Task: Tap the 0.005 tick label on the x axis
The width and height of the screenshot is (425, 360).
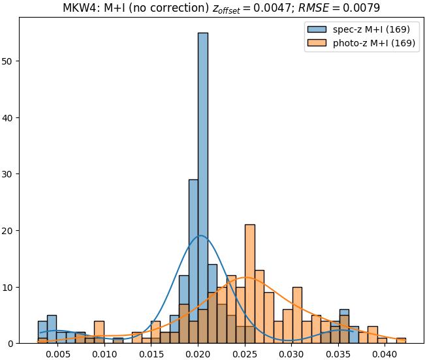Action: tap(57, 354)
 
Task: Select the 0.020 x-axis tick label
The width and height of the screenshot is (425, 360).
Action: tap(198, 354)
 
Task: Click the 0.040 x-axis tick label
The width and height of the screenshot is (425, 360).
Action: tap(385, 354)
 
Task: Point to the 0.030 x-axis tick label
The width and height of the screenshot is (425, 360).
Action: tap(291, 354)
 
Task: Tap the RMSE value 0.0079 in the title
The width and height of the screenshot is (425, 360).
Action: tap(363, 8)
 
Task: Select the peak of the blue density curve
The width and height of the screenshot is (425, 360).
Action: tap(200, 235)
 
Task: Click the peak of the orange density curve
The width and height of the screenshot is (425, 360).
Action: tap(246, 278)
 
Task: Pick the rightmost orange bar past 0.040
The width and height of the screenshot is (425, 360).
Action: tap(401, 340)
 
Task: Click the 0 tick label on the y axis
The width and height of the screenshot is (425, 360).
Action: tap(12, 343)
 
